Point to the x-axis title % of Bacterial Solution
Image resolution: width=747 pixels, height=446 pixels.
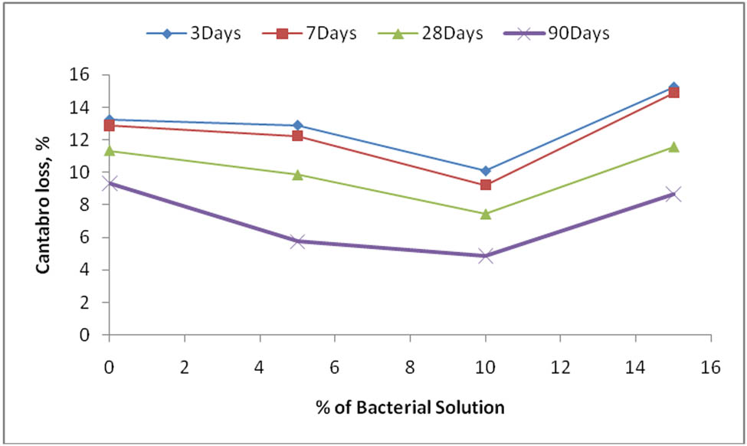tap(410, 407)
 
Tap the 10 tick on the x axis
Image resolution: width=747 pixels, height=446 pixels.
tap(485, 367)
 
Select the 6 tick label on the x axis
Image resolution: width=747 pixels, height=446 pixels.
tap(335, 367)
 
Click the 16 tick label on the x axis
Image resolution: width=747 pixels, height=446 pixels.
tap(711, 367)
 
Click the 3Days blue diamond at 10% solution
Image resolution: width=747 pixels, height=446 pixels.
tap(486, 171)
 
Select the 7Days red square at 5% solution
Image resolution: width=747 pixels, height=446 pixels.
tap(297, 136)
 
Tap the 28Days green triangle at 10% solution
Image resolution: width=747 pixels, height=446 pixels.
tap(486, 214)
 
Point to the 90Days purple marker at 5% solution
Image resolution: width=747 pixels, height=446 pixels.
tap(297, 241)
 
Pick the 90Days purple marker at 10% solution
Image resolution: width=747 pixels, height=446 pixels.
tap(486, 256)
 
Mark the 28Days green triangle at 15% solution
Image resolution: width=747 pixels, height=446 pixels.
tap(673, 147)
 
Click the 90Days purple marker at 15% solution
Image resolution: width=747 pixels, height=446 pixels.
tap(673, 195)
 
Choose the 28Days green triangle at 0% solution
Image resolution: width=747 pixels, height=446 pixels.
tap(110, 151)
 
